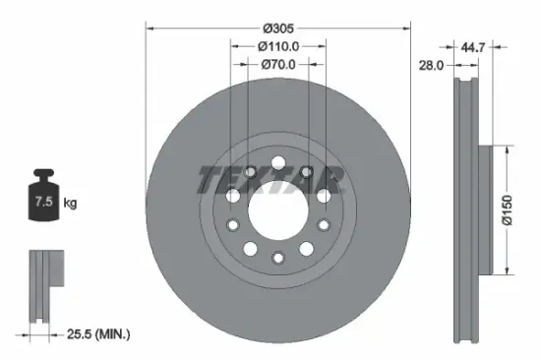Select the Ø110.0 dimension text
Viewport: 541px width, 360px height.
[x=278, y=45]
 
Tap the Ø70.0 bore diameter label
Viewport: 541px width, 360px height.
[x=278, y=65]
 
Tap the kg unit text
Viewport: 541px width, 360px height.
[x=69, y=204]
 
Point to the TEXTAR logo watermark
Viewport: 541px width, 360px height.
[x=271, y=180]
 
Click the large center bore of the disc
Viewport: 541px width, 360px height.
[x=277, y=210]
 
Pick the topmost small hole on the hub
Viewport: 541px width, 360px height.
[x=277, y=161]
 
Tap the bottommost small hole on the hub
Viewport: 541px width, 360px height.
[x=277, y=258]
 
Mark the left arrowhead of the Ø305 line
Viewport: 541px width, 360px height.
[x=150, y=28]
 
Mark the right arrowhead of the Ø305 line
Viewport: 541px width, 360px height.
[x=406, y=28]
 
